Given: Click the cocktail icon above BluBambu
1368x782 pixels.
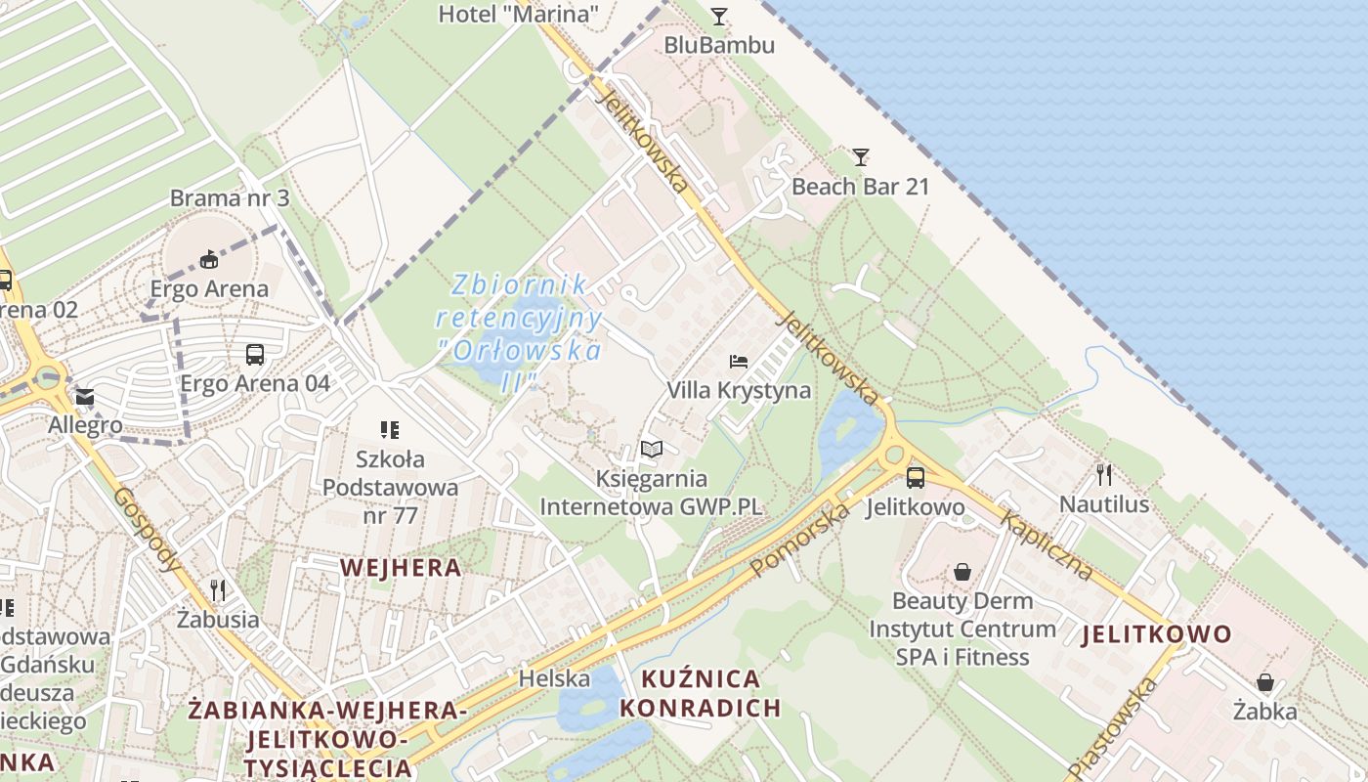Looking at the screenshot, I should [x=719, y=16].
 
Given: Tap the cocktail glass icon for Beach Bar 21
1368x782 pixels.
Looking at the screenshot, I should [x=860, y=156].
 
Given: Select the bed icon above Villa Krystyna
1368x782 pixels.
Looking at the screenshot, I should [x=739, y=362].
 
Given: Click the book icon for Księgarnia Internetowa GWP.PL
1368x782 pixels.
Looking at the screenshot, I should [x=651, y=449].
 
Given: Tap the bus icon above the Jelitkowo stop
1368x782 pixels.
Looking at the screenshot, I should [x=915, y=478].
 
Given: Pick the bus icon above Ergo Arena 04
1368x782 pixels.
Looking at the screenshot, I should [x=255, y=354].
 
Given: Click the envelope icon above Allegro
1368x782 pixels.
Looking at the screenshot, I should [x=85, y=397].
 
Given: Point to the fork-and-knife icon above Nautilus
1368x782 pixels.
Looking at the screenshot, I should [x=1104, y=475].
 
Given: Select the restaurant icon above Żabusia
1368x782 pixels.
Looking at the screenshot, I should [x=218, y=589].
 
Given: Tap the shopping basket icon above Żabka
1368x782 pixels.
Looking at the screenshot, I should [x=1264, y=682].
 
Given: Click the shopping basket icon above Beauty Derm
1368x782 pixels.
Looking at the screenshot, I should [x=962, y=571].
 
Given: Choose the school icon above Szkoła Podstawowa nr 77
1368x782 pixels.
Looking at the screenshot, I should [x=390, y=429].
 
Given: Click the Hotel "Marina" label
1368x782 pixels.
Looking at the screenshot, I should [x=518, y=14].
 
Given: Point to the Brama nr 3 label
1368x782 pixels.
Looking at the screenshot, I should [x=230, y=198].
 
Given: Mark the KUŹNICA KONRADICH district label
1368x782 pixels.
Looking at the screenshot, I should [x=701, y=693].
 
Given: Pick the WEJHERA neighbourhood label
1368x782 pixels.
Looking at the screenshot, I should [x=400, y=567].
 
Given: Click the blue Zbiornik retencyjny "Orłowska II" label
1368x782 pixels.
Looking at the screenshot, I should [x=520, y=332].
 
